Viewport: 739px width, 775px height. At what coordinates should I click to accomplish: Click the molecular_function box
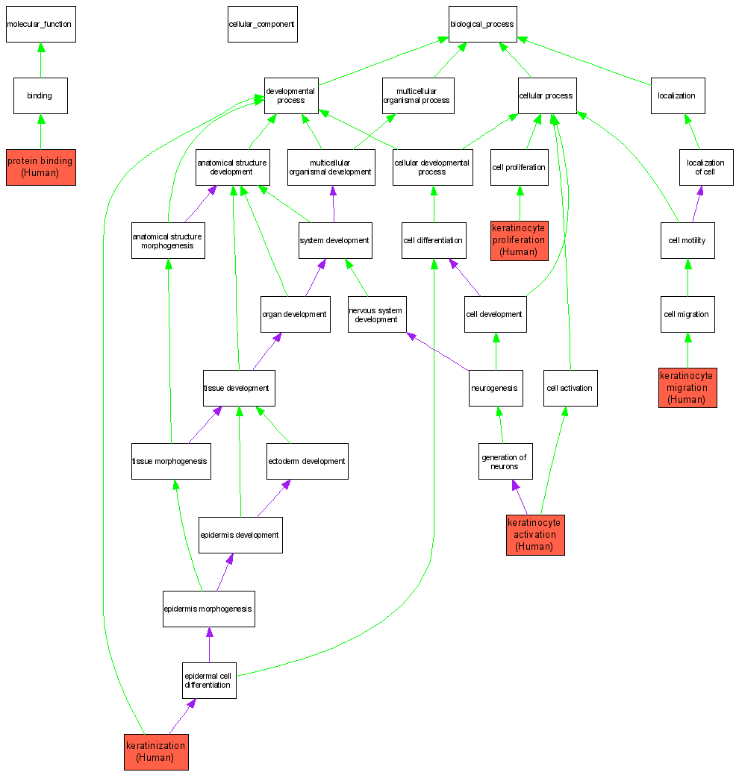coord(40,25)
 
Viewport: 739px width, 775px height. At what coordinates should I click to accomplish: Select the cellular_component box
coord(262,25)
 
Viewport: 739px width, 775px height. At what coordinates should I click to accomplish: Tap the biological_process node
coord(482,25)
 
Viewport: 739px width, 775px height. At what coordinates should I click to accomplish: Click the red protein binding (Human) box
coord(40,166)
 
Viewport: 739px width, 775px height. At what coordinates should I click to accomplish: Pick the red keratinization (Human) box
coord(155,751)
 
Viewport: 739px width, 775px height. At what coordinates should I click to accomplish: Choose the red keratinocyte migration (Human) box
coord(687,387)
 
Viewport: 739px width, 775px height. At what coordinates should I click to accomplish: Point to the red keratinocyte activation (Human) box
coord(534,534)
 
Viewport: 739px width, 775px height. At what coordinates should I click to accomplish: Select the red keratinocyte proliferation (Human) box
coord(519,240)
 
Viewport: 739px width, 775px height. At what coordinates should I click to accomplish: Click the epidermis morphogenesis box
coord(208,609)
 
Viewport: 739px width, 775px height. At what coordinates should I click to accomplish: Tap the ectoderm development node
coord(307,461)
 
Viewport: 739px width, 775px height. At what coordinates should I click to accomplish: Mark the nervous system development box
coord(376,315)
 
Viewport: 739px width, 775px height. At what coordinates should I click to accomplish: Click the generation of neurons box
coord(505,461)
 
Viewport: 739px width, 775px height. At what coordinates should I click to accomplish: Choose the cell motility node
coord(687,240)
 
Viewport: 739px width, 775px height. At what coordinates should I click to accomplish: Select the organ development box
coord(295,314)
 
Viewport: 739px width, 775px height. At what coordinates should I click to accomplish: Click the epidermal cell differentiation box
coord(209,680)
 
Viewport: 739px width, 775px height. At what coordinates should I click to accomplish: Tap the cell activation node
coord(570,388)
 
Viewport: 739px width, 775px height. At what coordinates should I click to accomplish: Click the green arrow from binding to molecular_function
coord(41,60)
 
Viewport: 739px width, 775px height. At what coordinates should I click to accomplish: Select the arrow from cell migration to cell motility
coord(687,277)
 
